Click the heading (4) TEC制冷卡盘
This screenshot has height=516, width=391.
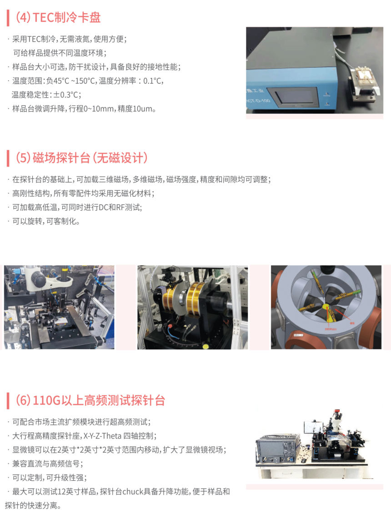pos(58,17)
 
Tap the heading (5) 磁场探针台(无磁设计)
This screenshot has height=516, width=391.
pos(81,158)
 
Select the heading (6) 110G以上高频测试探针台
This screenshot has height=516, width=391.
pos(90,400)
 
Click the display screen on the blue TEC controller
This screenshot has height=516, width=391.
pos(291,97)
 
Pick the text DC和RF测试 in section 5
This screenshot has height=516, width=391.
pos(120,207)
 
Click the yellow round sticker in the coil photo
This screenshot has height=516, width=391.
pos(206,346)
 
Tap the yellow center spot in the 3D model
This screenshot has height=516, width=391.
pos(325,307)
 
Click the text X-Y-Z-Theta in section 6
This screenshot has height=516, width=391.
pos(102,436)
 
